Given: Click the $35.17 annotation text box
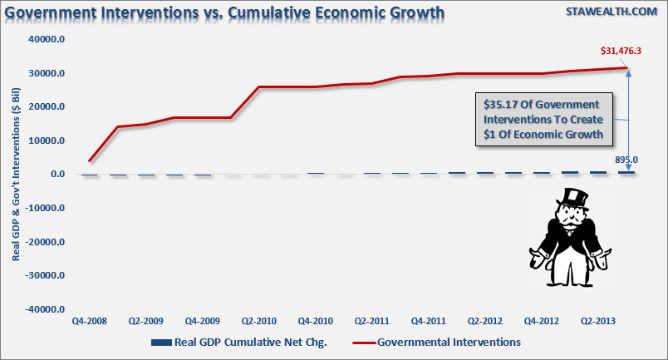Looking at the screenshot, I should pos(543,119).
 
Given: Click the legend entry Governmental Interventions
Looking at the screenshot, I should pos(449,342).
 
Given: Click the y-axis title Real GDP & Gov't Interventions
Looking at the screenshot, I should pos(15,173).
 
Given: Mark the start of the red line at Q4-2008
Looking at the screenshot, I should pos(89,160).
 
